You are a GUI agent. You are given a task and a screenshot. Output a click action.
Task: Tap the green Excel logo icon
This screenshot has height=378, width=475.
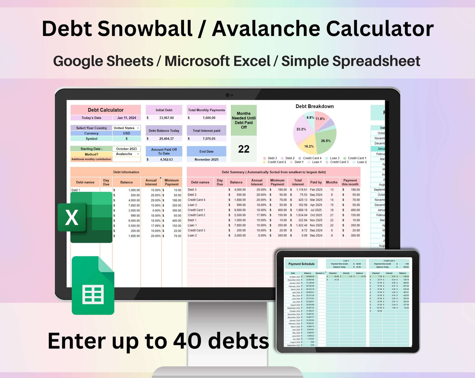(85, 217)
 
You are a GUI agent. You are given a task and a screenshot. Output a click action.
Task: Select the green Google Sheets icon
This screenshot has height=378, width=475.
(93, 285)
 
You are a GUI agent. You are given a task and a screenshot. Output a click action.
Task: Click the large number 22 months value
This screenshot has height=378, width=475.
(244, 149)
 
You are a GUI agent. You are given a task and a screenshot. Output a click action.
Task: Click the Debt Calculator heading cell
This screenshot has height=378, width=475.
(106, 110)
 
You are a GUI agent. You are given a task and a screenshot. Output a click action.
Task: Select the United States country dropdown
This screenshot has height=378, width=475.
(126, 128)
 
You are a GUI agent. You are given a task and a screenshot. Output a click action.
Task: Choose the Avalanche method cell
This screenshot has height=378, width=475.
(126, 154)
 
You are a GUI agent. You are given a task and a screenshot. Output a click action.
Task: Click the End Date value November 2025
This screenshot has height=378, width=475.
(206, 159)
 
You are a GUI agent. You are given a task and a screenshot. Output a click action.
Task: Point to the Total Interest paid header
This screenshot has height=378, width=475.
(206, 131)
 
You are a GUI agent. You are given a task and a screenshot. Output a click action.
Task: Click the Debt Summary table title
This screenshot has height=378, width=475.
(273, 172)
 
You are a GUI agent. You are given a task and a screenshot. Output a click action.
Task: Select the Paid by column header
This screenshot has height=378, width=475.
(316, 182)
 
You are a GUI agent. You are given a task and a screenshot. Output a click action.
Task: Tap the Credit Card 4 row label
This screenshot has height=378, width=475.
(197, 200)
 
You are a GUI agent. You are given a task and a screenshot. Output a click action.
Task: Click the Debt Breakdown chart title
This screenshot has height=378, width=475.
(315, 106)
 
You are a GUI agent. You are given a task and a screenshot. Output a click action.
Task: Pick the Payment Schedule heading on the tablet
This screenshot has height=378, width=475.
(302, 264)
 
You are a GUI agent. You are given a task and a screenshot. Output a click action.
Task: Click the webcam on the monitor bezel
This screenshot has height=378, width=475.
(227, 95)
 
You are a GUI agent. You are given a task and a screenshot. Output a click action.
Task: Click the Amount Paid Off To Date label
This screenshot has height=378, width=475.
(164, 152)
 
